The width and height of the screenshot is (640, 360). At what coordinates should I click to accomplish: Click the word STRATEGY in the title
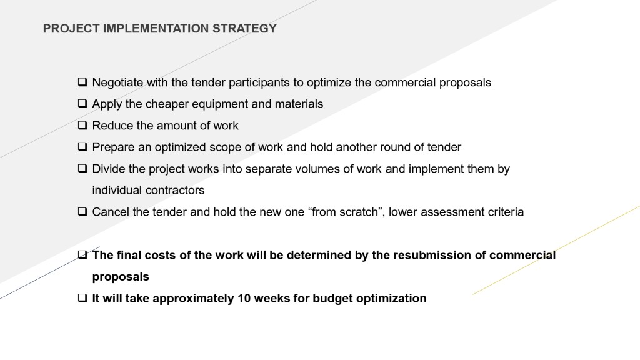coord(244,29)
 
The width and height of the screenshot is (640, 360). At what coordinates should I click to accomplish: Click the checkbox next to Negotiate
coord(82,82)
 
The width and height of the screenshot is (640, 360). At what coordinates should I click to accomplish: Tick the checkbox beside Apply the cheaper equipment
coord(82,104)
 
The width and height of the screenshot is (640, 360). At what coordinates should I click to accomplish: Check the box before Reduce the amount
coord(82,125)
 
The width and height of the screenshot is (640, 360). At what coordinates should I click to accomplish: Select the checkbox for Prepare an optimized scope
coord(82,147)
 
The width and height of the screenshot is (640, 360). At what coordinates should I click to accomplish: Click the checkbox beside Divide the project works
coord(82,169)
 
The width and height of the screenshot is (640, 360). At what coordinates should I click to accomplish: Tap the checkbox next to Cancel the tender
coord(82,212)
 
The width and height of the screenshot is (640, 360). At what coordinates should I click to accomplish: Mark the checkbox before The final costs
coord(82,255)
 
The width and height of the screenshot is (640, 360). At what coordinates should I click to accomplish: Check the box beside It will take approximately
coord(82,298)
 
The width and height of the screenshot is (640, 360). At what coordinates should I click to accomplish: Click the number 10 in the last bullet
coord(244,298)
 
